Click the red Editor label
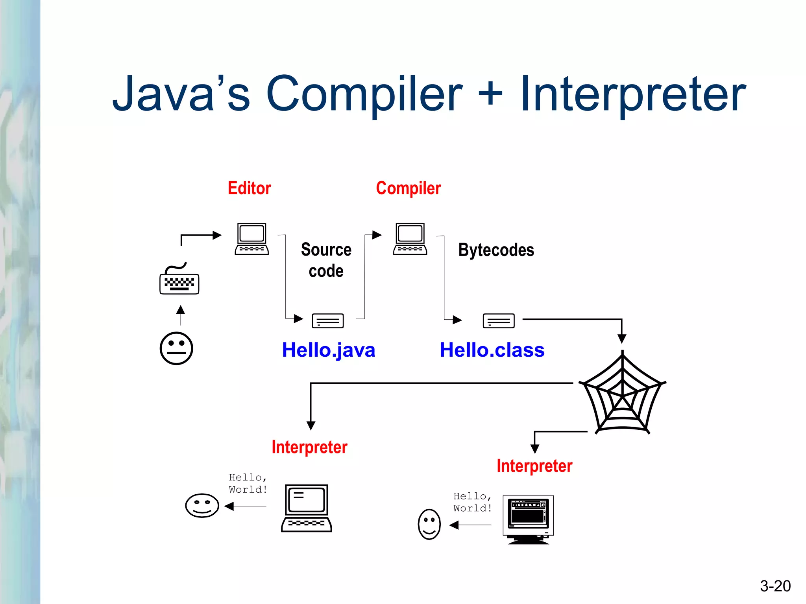[249, 188]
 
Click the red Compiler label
[408, 188]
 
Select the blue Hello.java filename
[328, 350]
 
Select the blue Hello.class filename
[492, 350]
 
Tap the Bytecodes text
[496, 250]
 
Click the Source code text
[326, 260]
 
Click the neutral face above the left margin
[176, 348]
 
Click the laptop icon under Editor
[252, 239]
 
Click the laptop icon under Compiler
[410, 239]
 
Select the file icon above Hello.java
[327, 320]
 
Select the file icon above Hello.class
[498, 320]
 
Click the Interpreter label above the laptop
[309, 447]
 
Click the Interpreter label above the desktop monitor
[534, 466]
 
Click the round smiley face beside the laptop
[202, 505]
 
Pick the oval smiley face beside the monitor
[429, 524]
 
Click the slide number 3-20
[775, 586]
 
